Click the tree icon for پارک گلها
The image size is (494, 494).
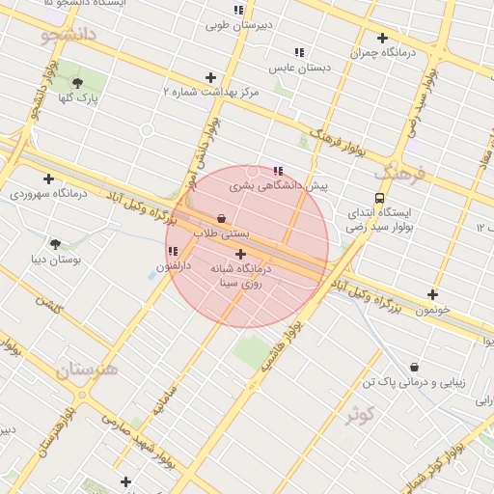77,83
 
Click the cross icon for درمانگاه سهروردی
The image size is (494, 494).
48,178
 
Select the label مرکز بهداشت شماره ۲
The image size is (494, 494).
211,91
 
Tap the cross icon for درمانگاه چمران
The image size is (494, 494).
382,39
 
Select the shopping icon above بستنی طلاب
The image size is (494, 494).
222,218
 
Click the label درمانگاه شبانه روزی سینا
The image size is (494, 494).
240,277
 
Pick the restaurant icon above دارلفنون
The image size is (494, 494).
173,251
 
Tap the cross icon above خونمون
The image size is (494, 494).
432,295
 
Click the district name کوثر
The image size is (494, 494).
361,415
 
